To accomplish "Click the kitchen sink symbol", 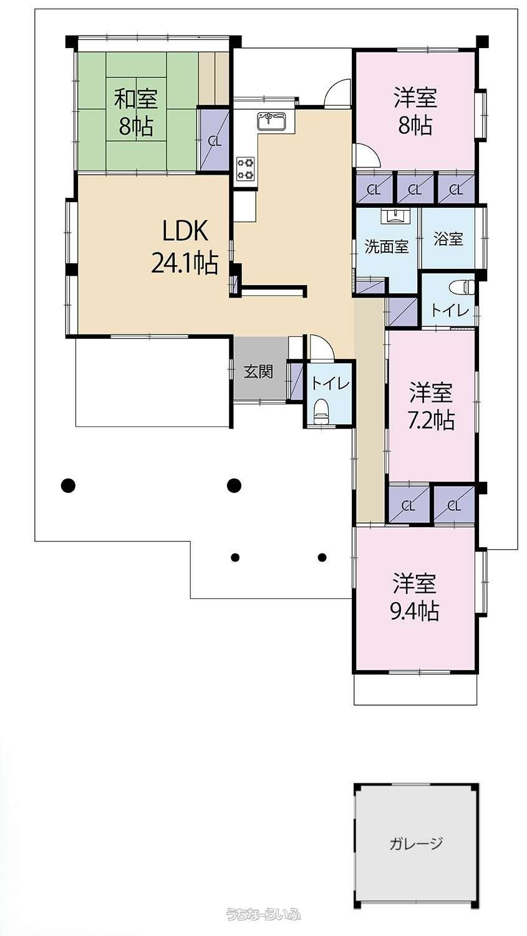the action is [271, 121].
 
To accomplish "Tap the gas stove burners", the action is [245, 168].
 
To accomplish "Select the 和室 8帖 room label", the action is [136, 113].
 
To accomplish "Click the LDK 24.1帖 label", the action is [185, 247].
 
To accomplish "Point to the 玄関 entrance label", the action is [258, 371].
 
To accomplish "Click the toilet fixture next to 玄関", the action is [321, 412].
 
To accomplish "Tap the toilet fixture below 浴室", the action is [463, 288].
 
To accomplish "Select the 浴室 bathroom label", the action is [448, 239].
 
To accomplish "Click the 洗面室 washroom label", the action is [386, 246].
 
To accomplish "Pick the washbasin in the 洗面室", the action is [395, 216].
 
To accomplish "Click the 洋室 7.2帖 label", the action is [432, 406].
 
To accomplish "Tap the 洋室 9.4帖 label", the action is [415, 598].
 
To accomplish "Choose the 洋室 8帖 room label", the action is [415, 111].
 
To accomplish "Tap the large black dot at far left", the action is [68, 485].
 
